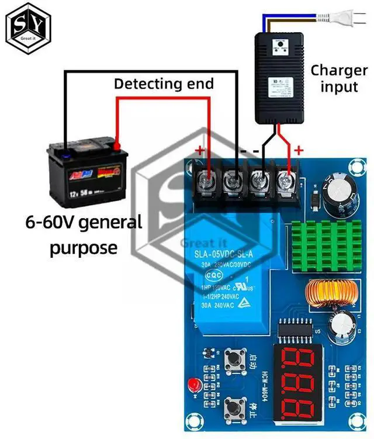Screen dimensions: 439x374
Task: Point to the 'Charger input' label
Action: tap(338, 78)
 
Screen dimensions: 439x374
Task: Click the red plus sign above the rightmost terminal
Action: tap(299, 151)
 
